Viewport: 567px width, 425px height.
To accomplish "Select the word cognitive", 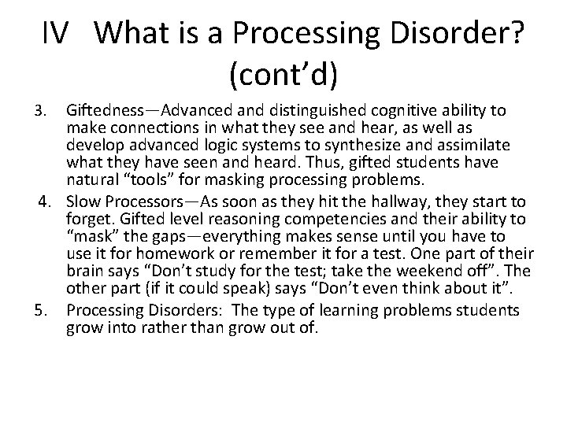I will point(381,109).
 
